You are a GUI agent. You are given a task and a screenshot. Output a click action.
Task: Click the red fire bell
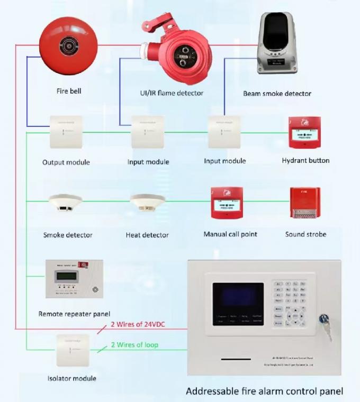(68, 48)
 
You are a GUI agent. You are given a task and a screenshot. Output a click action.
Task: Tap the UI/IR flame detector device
(177, 53)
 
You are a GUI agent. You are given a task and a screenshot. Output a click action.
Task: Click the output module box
(66, 132)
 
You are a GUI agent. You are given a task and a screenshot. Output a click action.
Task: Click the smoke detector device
(65, 204)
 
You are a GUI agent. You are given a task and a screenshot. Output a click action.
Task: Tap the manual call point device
(227, 203)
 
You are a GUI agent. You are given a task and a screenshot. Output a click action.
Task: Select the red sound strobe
(304, 203)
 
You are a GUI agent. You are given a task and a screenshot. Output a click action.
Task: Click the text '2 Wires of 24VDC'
(137, 324)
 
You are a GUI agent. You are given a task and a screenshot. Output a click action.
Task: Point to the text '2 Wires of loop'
(134, 345)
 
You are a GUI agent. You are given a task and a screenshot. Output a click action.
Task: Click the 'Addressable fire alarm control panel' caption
(264, 391)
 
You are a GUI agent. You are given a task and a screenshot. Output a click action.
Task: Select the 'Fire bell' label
(69, 91)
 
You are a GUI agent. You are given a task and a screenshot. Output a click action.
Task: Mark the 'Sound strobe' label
(305, 234)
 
